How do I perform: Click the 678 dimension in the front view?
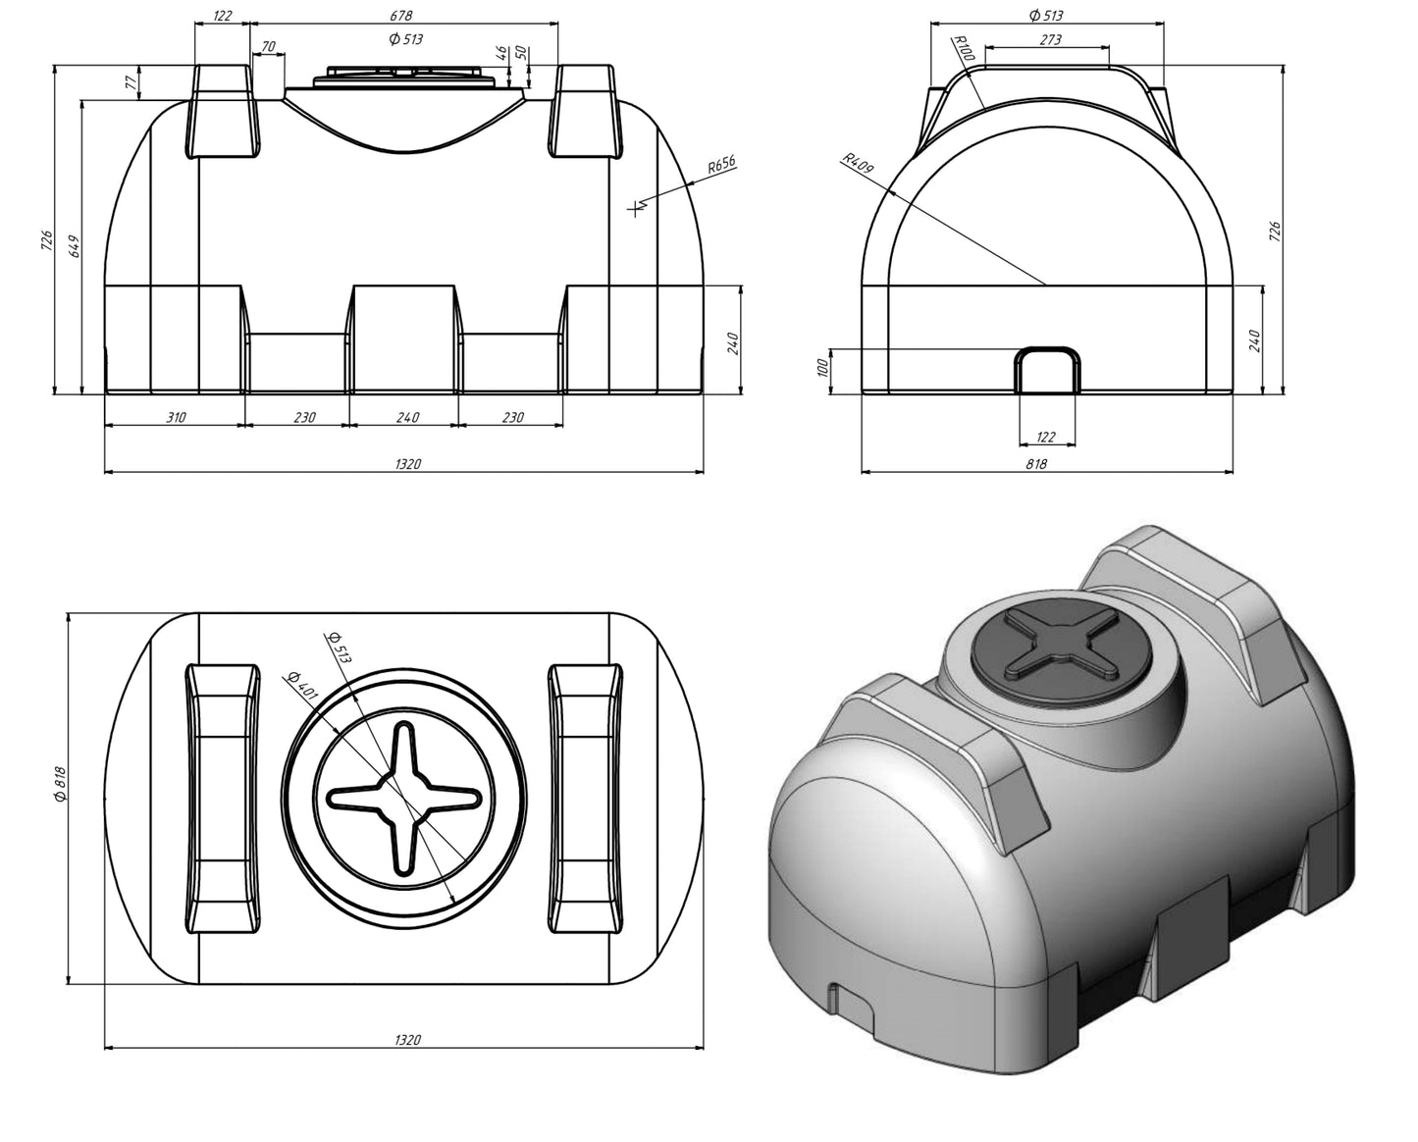(400, 15)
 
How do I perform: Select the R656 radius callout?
(721, 165)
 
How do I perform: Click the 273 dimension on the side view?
(1049, 40)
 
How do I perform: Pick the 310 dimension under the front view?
(175, 418)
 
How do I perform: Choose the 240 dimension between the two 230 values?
(407, 418)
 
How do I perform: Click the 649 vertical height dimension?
(74, 246)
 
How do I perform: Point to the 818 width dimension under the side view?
(1036, 464)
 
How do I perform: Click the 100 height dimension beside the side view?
(823, 367)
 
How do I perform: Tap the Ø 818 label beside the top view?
(58, 785)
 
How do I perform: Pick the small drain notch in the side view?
(1047, 369)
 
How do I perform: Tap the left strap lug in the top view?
(224, 798)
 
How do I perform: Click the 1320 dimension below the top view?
(406, 1040)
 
